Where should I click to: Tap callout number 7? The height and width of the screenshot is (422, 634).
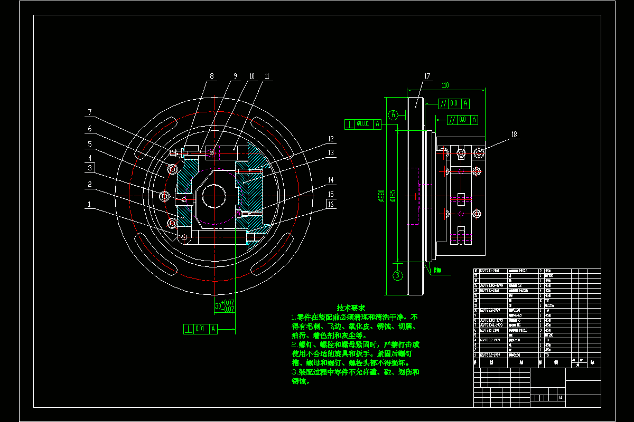point(90,112)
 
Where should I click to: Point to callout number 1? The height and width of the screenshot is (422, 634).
point(90,204)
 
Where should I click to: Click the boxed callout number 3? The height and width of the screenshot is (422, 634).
point(90,168)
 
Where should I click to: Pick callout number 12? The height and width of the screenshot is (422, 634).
point(331,139)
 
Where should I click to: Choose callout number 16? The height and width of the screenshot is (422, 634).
point(331,204)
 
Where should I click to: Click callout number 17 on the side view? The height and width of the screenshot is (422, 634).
point(427,76)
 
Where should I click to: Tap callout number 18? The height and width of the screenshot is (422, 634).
point(514,135)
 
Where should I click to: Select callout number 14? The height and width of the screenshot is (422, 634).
point(331,180)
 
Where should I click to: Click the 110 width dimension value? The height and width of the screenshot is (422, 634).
point(445,85)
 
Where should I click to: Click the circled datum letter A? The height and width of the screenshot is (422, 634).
point(393,114)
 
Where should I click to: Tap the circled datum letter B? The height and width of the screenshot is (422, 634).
point(398,275)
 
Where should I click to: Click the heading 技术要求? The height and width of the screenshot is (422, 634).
point(351,308)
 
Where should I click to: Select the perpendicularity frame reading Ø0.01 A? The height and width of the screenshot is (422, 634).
point(362,124)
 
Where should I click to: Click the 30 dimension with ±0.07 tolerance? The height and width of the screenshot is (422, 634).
point(225,306)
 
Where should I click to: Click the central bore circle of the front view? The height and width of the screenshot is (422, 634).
point(214,196)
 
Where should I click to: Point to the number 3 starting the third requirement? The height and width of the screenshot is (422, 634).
point(293,372)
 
